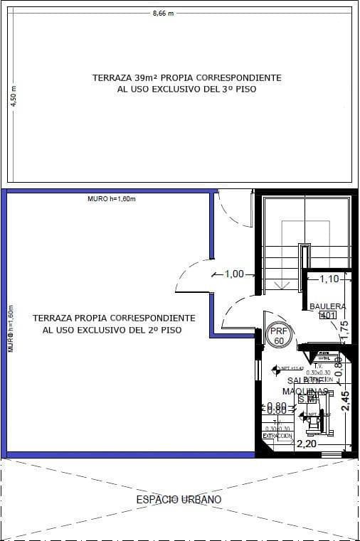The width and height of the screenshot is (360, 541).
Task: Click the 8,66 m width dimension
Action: tap(163, 14)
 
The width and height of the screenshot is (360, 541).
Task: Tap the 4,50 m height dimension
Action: tap(12, 97)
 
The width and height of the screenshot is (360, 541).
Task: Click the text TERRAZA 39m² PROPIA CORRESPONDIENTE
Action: tap(187, 77)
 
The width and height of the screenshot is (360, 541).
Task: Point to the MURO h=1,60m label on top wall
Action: tap(111, 198)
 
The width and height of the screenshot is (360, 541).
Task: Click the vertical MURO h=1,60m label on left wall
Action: tap(11, 330)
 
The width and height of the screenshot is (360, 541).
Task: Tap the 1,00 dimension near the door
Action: tap(234, 274)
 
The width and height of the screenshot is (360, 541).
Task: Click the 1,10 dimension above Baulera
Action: tap(329, 279)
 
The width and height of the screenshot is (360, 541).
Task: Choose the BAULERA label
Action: tap(327, 306)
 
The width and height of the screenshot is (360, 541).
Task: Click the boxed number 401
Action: tap(327, 316)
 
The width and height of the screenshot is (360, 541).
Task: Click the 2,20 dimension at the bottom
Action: tap(307, 444)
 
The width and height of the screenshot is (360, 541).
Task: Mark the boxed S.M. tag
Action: tap(307, 400)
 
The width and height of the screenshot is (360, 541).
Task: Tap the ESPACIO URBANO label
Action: tap(179, 500)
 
